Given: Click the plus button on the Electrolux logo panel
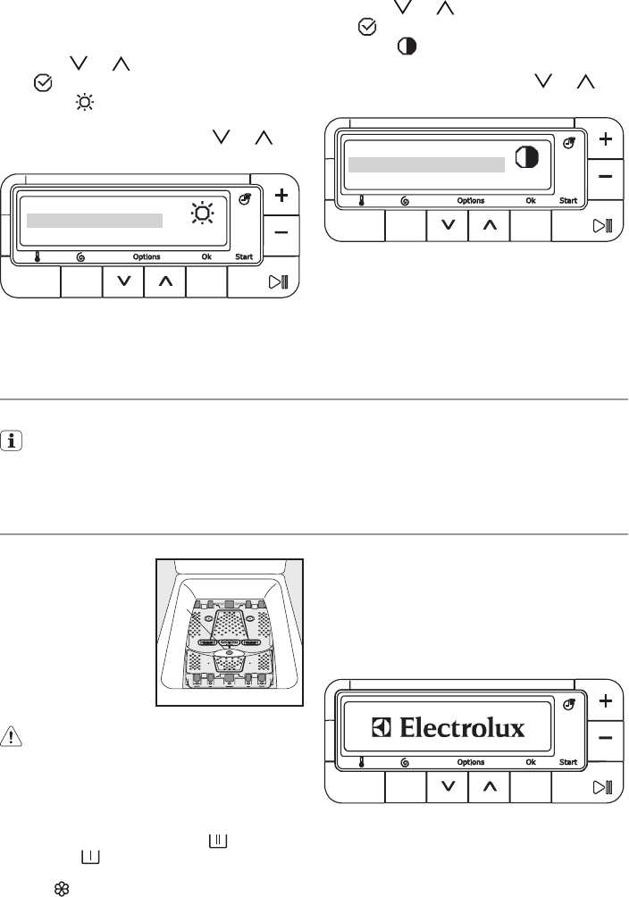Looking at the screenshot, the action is (x=605, y=701).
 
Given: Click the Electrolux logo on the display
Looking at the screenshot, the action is (x=449, y=728).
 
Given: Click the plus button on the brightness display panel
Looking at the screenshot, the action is (x=281, y=196).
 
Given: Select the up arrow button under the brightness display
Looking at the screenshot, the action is (x=164, y=282).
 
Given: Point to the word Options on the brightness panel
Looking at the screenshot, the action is (x=147, y=257).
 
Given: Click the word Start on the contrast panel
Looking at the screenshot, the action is (x=568, y=201).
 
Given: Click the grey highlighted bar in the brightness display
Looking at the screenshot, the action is (x=95, y=221).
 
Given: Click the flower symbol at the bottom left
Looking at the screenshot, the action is (x=63, y=889).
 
